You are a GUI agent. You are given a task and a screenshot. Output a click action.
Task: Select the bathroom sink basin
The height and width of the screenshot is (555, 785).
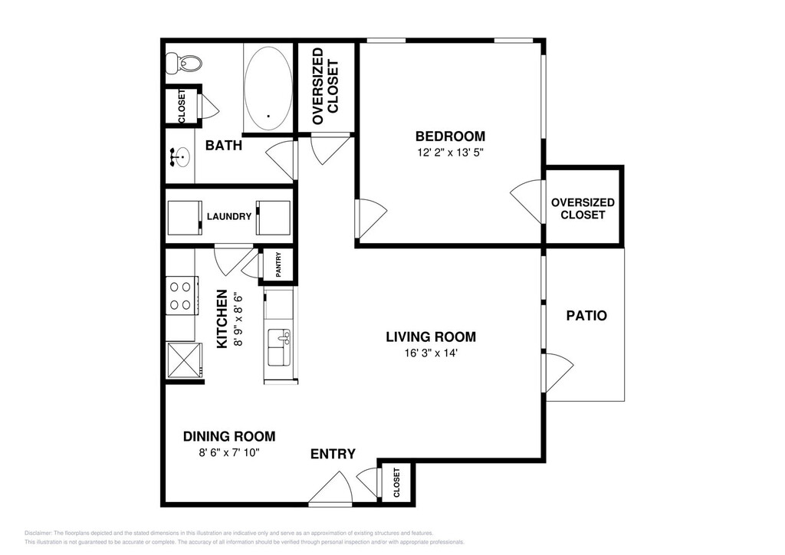180,157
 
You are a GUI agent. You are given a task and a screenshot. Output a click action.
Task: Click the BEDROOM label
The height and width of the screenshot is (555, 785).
450,136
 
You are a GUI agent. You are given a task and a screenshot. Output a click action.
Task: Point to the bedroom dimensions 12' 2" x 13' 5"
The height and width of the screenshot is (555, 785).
450,153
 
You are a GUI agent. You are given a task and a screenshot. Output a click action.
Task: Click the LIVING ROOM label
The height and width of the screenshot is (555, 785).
431,337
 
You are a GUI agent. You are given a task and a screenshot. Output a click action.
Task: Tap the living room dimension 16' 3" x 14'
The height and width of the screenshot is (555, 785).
431,353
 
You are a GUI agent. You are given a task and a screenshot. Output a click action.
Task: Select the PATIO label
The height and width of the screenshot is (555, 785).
586,316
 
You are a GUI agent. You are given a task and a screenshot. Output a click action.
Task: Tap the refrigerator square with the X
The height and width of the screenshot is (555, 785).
184,360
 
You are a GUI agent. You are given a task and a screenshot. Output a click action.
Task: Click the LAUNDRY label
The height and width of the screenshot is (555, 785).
228,217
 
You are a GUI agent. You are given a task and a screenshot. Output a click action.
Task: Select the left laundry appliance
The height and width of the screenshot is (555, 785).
184,217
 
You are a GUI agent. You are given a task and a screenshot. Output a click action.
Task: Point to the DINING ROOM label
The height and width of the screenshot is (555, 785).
229,436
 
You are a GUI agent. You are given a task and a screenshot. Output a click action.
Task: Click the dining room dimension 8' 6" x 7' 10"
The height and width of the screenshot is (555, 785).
228,453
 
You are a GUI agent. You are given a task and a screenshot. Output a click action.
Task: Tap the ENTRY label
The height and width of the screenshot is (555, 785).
333,454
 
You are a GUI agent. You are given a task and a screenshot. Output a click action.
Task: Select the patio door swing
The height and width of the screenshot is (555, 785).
558,373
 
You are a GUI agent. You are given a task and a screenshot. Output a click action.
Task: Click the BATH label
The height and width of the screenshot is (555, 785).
224,146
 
